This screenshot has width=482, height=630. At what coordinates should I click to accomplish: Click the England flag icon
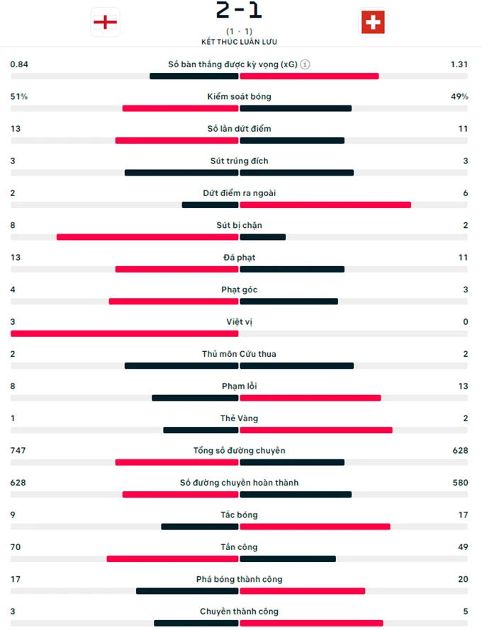click(105, 23)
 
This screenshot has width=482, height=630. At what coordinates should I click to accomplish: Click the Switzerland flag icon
click(373, 23)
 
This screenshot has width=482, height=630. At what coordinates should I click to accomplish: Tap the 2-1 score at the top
click(239, 10)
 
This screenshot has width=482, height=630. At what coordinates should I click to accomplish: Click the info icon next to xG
click(305, 64)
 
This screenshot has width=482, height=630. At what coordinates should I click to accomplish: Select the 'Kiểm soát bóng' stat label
click(239, 96)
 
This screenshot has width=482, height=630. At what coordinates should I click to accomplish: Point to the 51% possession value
click(18, 96)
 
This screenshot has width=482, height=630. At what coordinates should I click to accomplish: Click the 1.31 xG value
click(459, 64)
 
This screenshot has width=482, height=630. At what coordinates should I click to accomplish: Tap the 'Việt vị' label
click(239, 322)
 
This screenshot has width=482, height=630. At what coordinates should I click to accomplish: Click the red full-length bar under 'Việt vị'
click(124, 333)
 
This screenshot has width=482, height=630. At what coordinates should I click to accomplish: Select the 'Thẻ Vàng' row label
click(239, 418)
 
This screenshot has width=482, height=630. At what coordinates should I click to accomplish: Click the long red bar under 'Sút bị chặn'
click(147, 237)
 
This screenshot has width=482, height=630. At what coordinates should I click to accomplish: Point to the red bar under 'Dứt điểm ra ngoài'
click(325, 205)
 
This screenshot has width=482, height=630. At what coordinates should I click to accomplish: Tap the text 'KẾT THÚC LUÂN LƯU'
click(239, 42)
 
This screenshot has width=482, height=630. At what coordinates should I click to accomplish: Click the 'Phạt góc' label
click(239, 290)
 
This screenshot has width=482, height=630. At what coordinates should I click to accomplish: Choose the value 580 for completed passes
click(460, 483)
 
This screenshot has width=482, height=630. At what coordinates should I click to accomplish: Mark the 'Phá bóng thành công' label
click(239, 579)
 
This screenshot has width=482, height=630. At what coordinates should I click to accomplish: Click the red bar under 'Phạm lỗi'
click(310, 398)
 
